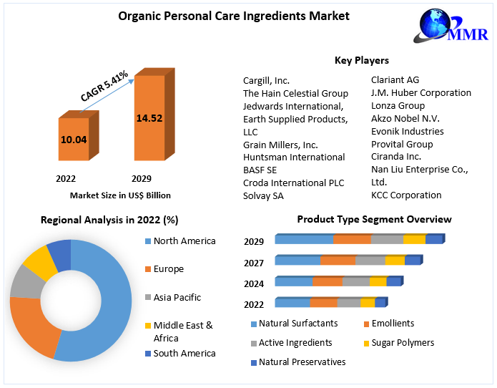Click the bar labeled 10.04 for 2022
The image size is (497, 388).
tap(73, 140)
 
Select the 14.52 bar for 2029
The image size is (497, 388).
tap(149, 117)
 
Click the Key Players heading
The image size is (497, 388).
tap(361, 61)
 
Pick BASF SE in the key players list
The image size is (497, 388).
tap(260, 170)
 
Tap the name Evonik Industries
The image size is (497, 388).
tap(407, 132)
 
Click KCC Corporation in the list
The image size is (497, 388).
tap(405, 195)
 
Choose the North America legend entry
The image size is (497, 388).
tap(184, 241)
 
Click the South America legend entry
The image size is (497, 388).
tap(184, 354)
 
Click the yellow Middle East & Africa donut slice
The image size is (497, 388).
tap(40, 261)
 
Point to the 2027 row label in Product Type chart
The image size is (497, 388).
tap(253, 263)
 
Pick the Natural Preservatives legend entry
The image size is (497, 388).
tap(302, 362)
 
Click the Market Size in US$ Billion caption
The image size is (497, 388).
tap(120, 195)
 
